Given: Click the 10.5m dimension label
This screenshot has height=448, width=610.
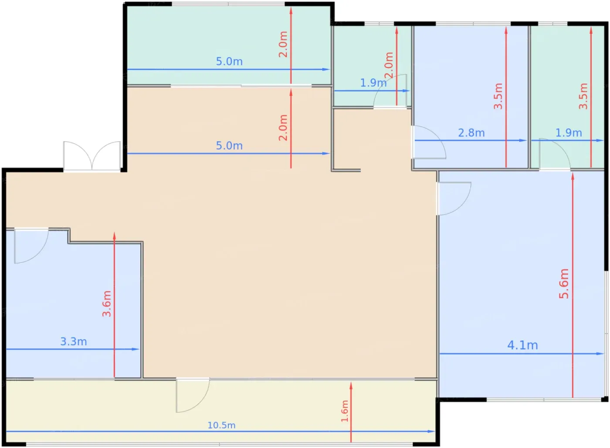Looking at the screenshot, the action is point(221,425).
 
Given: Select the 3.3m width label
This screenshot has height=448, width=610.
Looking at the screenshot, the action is point(74,341).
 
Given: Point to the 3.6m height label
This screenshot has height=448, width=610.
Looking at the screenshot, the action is point(107,304).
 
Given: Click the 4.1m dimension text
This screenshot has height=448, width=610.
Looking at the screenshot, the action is point(522,345).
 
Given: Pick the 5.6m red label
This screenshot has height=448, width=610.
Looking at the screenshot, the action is point(564,283).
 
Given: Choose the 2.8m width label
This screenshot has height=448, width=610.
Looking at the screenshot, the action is point(471,133).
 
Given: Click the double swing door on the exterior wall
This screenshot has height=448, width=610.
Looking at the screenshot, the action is point(92,156).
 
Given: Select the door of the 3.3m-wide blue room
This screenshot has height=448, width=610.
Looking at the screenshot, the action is point(31,246).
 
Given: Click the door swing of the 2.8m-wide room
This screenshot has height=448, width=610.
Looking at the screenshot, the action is point(429,142).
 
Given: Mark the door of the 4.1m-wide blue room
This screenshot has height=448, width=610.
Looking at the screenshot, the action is point(454,199).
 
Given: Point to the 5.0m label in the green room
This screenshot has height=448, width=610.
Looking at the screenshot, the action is point(229,61).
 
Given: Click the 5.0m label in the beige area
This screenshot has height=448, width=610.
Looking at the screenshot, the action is point(229,145).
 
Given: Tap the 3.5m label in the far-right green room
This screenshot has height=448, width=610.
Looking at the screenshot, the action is point(583,96).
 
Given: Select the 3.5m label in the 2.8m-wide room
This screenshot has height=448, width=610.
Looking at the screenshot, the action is point(498,96).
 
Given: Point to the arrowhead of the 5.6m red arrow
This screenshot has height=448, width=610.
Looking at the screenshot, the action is point(573,176).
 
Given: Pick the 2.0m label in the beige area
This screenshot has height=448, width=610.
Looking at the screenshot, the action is point(283,128).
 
